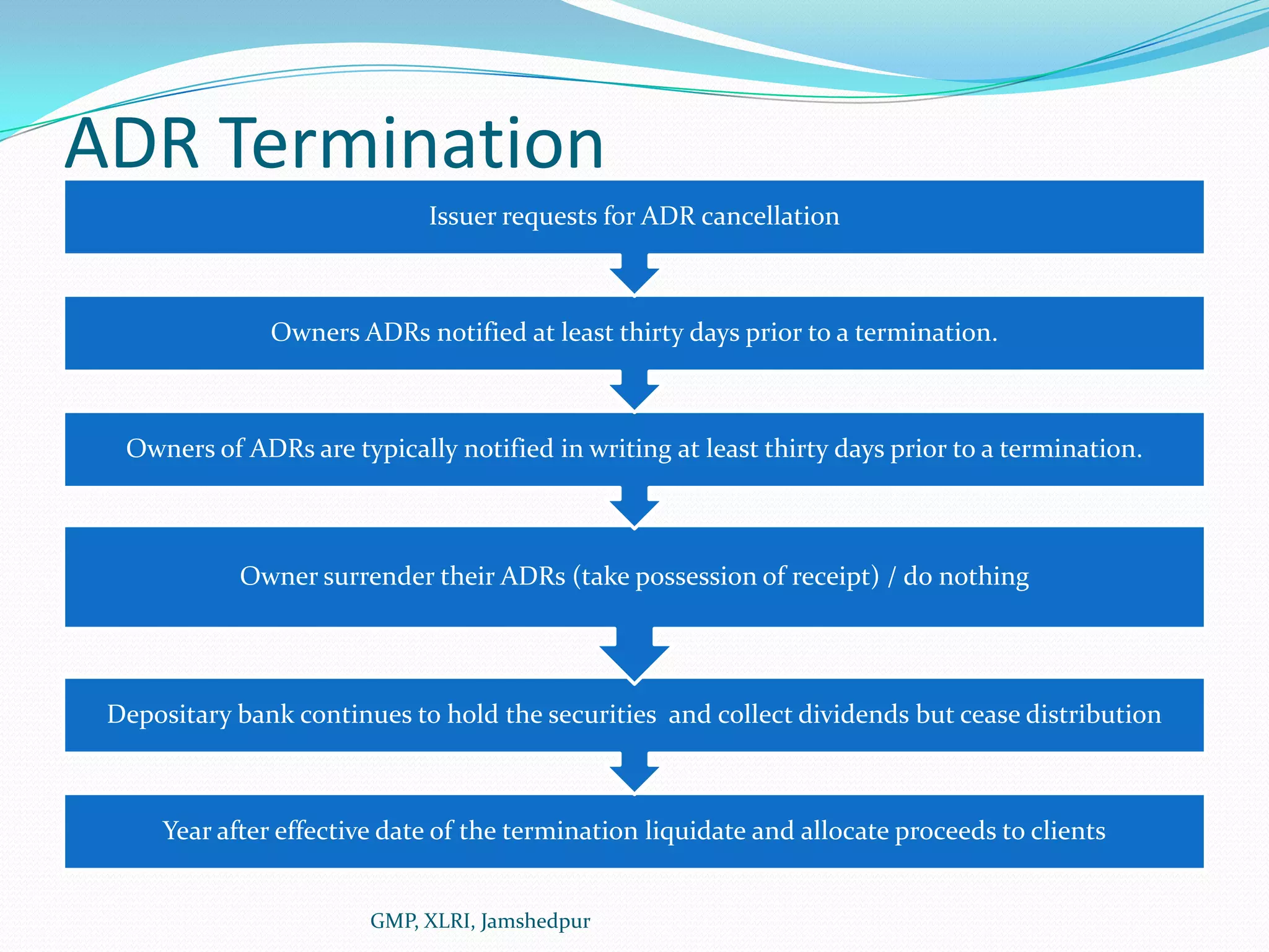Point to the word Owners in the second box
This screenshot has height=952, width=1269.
pos(315,333)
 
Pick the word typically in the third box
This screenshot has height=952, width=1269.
pos(409,449)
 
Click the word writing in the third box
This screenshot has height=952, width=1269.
pos(630,449)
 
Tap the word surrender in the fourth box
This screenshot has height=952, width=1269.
pos(377,576)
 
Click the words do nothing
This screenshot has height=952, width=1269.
pos(965,576)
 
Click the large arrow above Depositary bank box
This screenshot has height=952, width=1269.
pos(634,655)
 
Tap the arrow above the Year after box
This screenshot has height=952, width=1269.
pos(634,772)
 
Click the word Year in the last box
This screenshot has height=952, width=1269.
pos(186,831)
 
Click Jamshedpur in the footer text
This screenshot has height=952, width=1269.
pos(535,921)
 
